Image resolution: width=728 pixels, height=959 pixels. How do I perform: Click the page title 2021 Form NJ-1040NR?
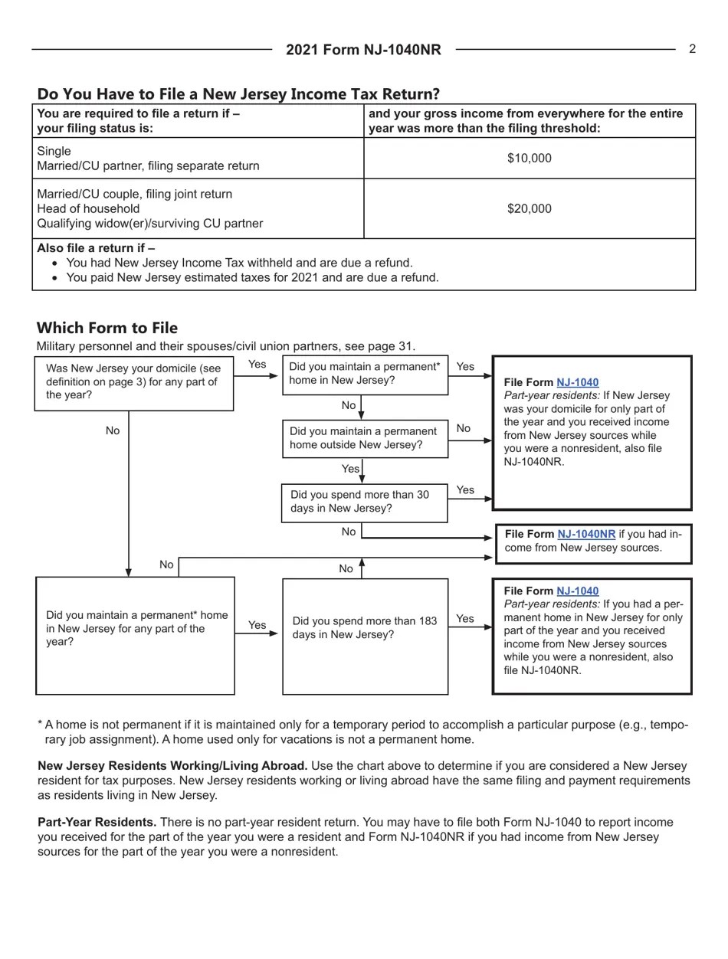click(363, 50)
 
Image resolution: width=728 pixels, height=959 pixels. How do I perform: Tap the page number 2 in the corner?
click(692, 49)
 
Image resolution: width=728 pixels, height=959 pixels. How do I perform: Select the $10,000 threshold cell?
click(529, 159)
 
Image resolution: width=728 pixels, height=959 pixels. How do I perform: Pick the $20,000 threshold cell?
click(529, 208)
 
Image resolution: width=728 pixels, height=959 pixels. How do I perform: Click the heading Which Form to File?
click(107, 328)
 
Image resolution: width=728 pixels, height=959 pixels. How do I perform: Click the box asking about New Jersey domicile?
click(134, 382)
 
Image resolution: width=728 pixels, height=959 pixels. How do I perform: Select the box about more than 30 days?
click(364, 502)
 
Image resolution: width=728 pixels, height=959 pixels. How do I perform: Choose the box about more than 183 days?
click(365, 629)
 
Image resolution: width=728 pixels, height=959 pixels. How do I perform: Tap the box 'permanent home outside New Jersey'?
click(365, 439)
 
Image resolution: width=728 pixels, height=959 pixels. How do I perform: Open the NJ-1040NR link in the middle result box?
click(585, 534)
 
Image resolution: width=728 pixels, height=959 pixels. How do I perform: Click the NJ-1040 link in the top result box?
click(577, 382)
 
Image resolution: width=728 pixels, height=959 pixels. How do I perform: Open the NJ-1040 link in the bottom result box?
click(577, 591)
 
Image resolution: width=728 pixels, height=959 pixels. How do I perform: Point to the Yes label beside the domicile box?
click(257, 365)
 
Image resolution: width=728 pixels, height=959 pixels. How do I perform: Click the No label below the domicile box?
click(113, 430)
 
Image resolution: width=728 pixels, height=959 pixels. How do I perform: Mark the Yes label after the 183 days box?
click(465, 619)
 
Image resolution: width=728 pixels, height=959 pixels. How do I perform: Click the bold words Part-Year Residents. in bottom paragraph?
click(97, 822)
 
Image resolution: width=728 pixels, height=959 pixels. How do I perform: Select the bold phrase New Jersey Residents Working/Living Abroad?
click(172, 766)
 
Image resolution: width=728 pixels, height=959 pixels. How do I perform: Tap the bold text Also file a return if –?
click(96, 248)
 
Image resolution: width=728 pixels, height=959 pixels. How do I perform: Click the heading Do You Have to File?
click(238, 94)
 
